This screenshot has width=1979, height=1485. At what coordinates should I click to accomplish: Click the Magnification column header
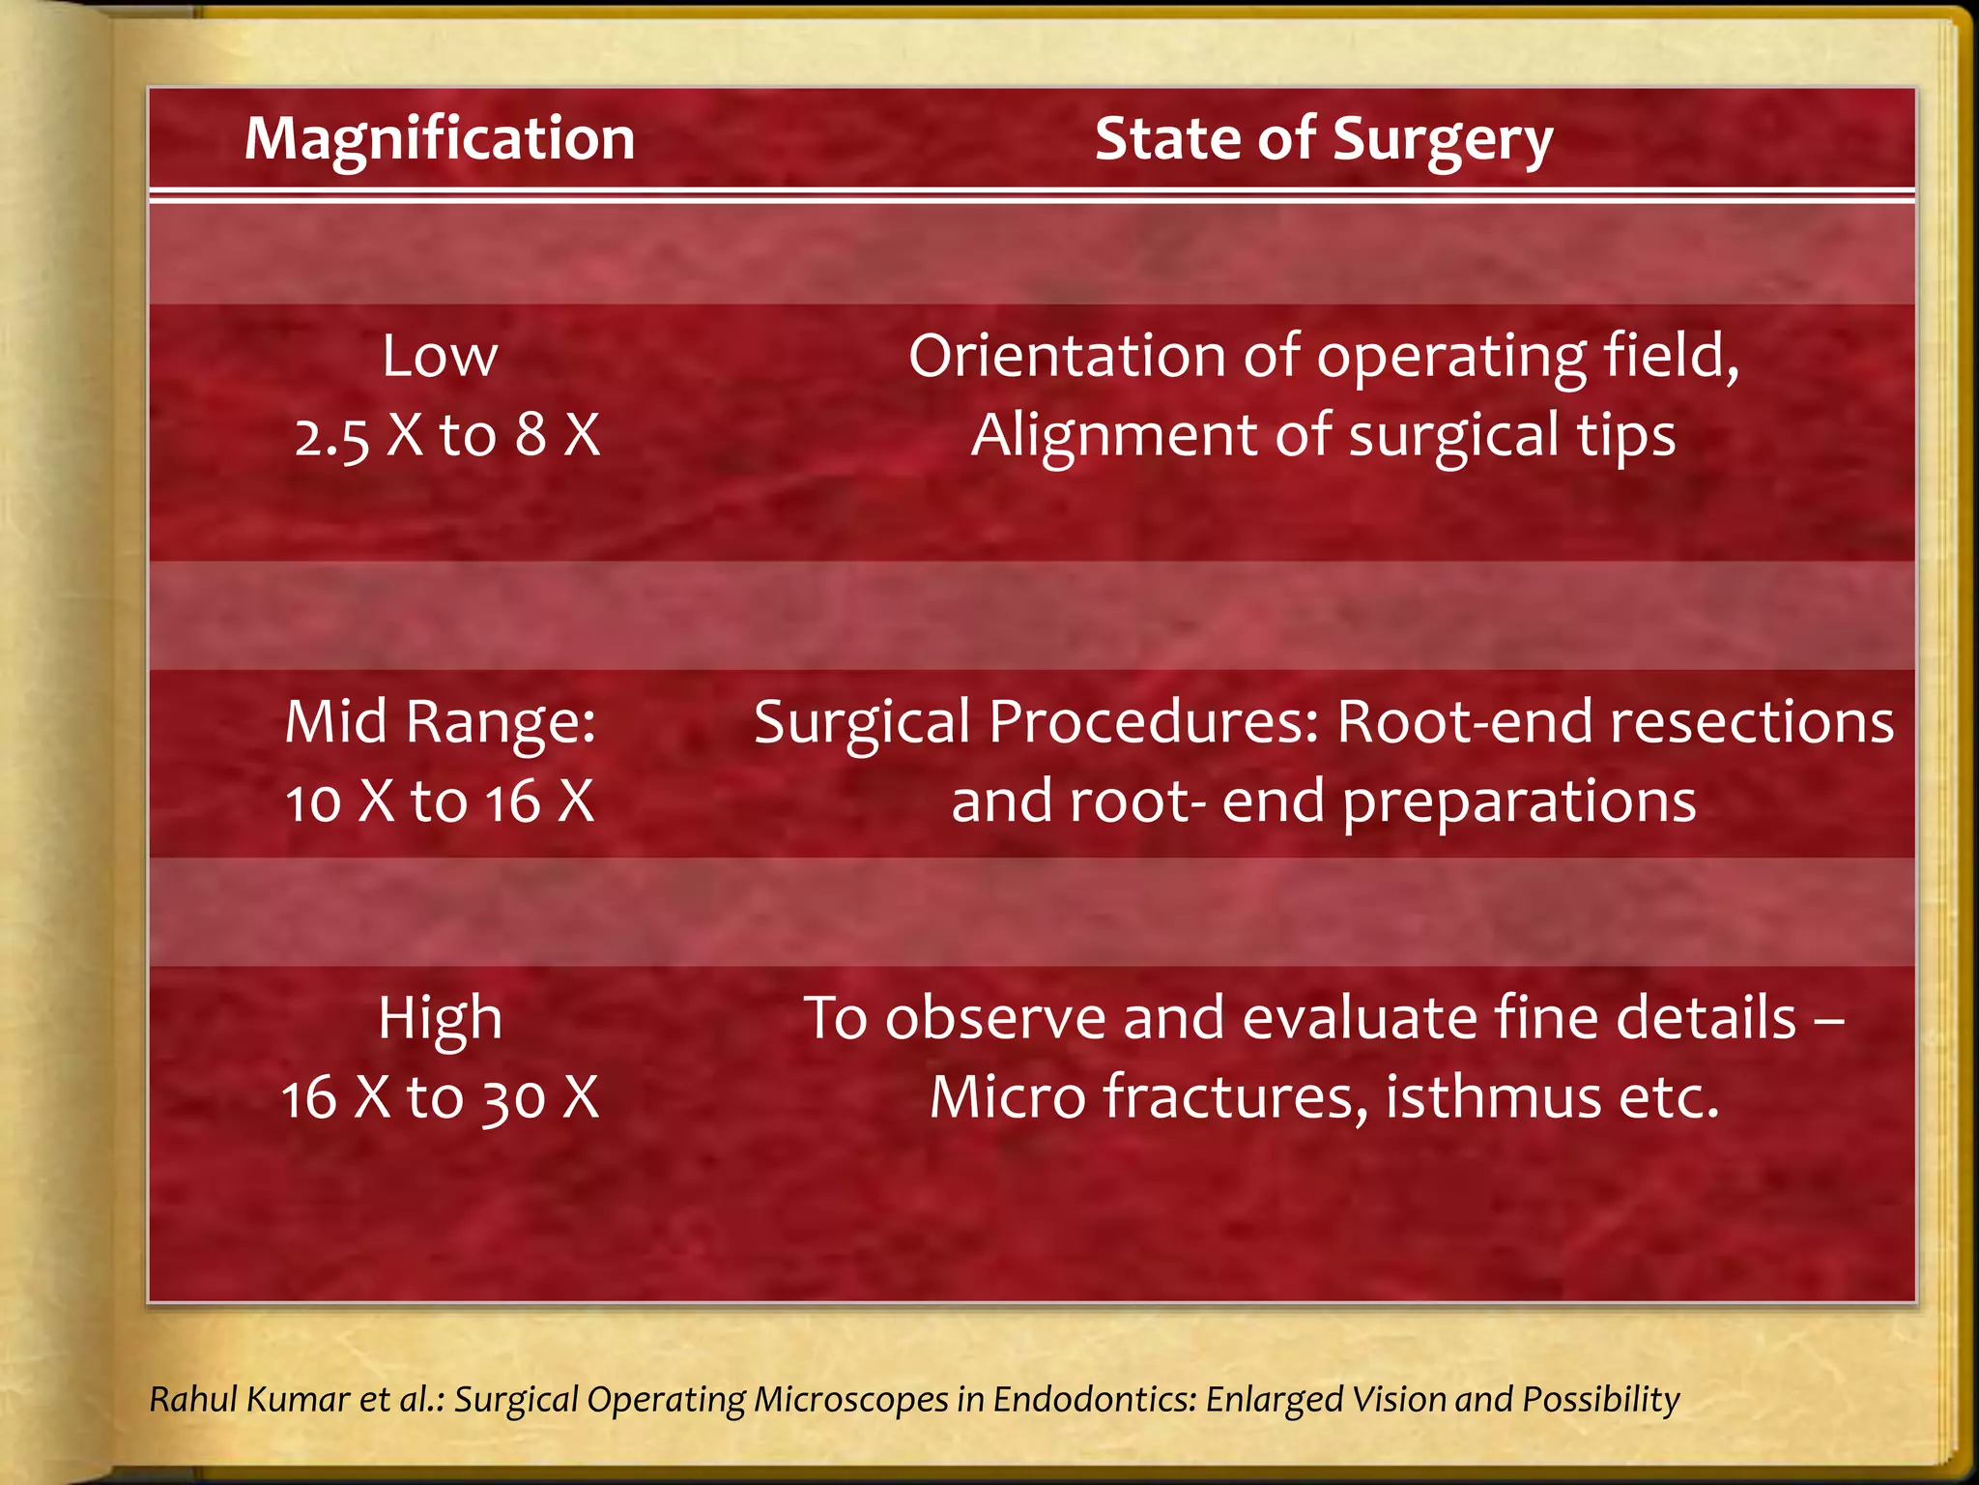440,138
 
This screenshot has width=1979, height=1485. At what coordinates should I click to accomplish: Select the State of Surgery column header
1323,138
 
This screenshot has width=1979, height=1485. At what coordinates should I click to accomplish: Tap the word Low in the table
440,356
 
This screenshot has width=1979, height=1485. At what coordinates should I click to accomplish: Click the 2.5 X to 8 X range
446,435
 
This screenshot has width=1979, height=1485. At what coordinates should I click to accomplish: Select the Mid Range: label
441,722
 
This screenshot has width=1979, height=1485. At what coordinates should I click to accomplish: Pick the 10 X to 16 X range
440,801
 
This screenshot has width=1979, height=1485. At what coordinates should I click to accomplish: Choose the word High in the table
440,1018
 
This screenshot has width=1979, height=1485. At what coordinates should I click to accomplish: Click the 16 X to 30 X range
440,1097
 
